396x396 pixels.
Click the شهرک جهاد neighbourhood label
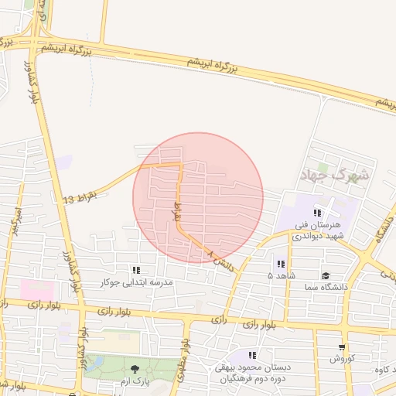coord(339,176)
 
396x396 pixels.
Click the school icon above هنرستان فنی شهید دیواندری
coord(316,213)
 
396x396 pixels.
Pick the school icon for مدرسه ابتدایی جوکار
coord(136,270)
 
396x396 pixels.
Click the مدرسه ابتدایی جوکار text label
coord(137,282)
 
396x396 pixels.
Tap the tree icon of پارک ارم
coord(135,369)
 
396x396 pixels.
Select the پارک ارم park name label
coord(135,381)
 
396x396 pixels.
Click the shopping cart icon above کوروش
coord(342,347)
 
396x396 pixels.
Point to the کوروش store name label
coord(342,359)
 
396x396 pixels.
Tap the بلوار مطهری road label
coord(185,357)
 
